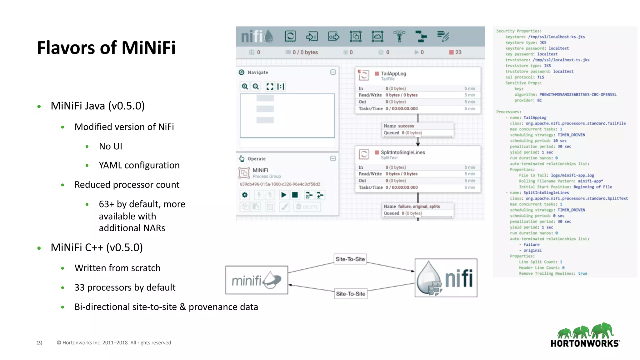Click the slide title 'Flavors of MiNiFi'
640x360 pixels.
tap(106, 48)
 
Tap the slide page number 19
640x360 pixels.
tap(39, 343)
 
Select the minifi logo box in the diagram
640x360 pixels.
tap(257, 280)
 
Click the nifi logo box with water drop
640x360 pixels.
tap(446, 278)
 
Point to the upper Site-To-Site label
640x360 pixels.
tap(350, 259)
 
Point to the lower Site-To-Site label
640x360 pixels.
tap(351, 294)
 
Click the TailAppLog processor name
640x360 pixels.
tap(393, 74)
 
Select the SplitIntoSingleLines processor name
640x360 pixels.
tap(403, 152)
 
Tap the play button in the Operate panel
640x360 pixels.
tap(284, 195)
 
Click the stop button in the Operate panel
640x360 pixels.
tap(295, 195)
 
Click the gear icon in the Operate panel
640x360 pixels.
tap(245, 195)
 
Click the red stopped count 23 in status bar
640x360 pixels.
tap(456, 52)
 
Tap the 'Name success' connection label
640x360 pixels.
tap(399, 126)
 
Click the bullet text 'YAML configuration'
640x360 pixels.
tap(139, 165)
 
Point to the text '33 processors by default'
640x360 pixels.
tap(125, 287)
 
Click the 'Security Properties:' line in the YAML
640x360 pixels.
tap(519, 31)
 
